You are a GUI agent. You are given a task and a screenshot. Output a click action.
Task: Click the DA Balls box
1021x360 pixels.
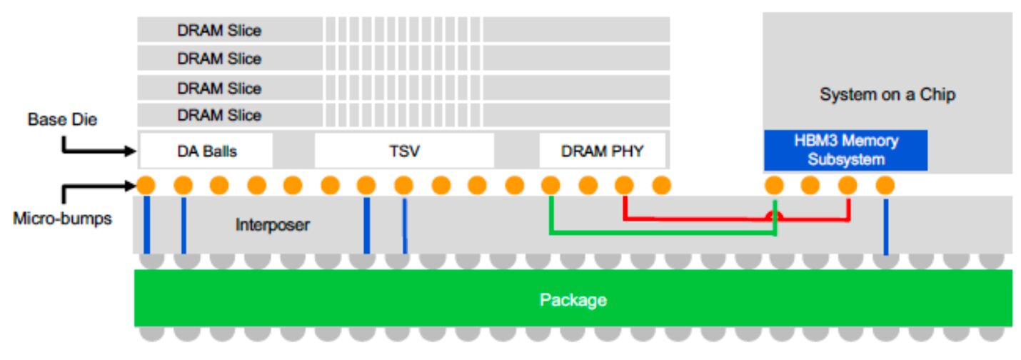pos(206,151)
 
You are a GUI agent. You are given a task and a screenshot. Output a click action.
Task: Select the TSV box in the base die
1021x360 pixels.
pos(404,151)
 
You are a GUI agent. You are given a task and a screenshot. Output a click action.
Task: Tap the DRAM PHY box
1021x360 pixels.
pos(602,151)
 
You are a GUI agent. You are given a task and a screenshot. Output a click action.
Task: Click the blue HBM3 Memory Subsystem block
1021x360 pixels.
pos(846,150)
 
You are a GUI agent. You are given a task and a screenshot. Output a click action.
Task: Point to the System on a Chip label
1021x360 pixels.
pos(887,94)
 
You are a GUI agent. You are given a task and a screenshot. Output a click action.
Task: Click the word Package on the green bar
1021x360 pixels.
pos(573,300)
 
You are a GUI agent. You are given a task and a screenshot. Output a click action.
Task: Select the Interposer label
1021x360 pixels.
pos(273,224)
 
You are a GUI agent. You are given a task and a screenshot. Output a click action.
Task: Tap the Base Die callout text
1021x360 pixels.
pos(62,119)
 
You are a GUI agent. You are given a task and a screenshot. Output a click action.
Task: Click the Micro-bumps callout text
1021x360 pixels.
pos(62,218)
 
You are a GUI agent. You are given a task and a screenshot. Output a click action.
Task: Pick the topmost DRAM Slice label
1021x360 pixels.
pos(219,31)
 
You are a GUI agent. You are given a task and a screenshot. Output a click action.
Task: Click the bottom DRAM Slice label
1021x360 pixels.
pos(219,115)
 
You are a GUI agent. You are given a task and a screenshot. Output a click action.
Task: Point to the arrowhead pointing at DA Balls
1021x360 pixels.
pos(131,151)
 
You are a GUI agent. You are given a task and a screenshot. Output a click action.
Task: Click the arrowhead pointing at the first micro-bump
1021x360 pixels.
pos(131,186)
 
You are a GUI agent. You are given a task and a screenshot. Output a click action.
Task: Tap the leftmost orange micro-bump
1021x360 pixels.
pos(146,185)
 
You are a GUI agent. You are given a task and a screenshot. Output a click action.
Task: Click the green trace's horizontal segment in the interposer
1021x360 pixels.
pos(663,233)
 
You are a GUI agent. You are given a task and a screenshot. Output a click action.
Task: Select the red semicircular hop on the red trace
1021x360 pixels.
pos(774,216)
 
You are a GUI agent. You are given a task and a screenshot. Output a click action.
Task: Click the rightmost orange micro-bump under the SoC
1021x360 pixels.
pos(885,185)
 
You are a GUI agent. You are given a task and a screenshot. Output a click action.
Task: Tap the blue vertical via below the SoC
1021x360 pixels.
pos(885,226)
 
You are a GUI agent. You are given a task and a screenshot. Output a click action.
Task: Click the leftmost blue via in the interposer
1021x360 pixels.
pos(147,224)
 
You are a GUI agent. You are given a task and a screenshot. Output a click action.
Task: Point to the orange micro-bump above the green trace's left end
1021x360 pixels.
pos(550,185)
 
